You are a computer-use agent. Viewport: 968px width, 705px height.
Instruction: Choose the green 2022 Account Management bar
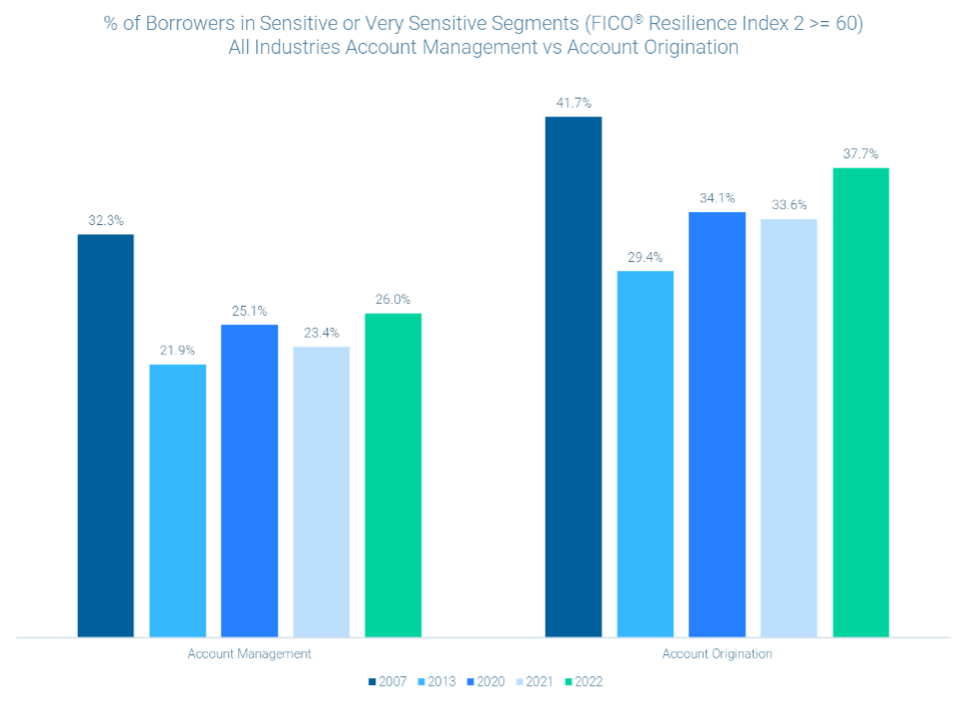392,474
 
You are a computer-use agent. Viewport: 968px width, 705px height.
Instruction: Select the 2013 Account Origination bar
645,453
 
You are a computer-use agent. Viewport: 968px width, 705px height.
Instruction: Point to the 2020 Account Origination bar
717,424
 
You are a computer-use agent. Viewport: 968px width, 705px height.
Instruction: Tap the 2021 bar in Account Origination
789,427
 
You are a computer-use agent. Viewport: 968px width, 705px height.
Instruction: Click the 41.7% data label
574,103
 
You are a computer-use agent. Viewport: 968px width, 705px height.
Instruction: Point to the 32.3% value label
106,221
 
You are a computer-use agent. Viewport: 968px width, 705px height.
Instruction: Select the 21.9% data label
178,351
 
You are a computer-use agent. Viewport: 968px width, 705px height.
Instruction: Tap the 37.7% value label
860,154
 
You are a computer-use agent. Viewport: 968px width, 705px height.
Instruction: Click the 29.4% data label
645,257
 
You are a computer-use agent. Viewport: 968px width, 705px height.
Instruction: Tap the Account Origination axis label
717,655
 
